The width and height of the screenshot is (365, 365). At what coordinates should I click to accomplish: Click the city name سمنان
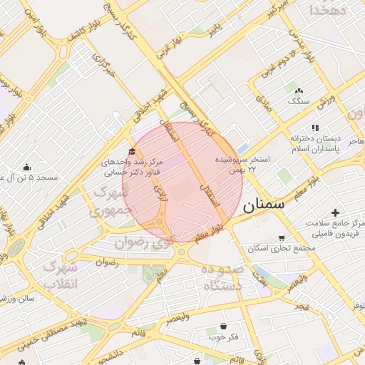pos(264,206)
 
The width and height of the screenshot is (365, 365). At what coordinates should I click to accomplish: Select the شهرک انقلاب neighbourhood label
pos(60,274)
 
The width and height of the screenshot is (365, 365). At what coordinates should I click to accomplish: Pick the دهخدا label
pos(328,11)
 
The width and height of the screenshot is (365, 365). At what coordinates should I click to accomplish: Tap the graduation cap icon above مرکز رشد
pos(131,151)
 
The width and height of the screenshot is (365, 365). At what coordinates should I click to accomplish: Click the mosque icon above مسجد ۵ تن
pos(27,167)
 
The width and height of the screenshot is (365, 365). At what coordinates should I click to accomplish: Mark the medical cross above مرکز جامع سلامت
pos(335,212)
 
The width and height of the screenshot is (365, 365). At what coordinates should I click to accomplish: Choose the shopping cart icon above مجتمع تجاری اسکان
pos(283,238)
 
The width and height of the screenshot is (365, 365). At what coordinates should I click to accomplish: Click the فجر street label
pos(302,306)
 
